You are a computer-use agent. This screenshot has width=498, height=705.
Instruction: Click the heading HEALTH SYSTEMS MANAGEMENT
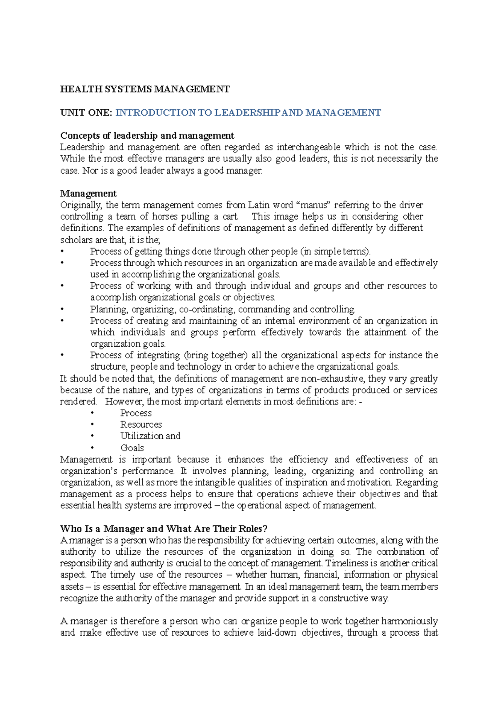(x=145, y=89)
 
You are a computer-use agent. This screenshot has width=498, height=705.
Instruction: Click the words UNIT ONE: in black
(x=86, y=113)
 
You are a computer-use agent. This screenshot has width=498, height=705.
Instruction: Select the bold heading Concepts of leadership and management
(x=147, y=136)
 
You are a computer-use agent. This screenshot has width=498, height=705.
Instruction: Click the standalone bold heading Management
(x=88, y=193)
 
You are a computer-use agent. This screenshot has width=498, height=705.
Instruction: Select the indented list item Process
(x=136, y=413)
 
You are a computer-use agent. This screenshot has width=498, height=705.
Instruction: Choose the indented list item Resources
(x=141, y=425)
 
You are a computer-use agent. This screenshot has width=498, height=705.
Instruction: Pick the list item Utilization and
(x=150, y=436)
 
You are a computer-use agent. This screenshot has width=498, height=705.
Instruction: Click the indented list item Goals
(x=132, y=448)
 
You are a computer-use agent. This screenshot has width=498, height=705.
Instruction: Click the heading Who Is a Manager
(x=164, y=529)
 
